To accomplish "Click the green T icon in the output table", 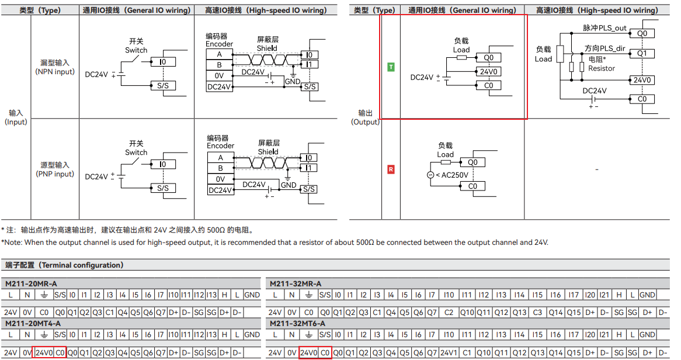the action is (391, 67).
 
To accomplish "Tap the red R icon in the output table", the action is (391, 169).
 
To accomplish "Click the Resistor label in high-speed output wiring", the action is (602, 68).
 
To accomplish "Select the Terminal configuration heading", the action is (64, 265).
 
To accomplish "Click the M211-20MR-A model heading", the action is (31, 284).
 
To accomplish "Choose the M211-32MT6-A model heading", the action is (297, 324).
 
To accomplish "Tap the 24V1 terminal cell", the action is (448, 352).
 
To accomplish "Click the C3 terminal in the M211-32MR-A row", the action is (537, 312).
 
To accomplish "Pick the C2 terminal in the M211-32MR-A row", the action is (449, 312).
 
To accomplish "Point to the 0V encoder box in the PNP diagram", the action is (221, 179).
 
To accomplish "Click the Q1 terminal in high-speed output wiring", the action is (642, 54).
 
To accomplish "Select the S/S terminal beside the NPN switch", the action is (163, 86).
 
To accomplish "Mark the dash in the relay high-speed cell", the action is (597, 169).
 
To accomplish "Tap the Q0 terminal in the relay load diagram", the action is (472, 162).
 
